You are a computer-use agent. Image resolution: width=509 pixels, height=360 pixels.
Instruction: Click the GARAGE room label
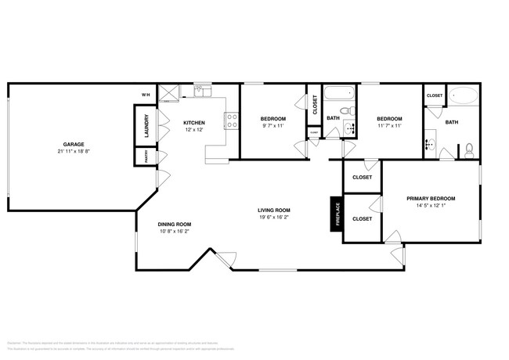click(x=74, y=145)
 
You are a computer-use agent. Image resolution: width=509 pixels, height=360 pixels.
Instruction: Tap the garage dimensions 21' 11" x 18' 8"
click(x=74, y=151)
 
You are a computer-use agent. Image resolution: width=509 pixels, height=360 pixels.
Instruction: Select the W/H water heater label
click(x=146, y=95)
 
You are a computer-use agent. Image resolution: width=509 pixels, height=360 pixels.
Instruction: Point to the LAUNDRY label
click(x=146, y=125)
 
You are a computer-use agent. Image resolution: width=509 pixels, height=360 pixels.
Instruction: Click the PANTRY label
click(x=146, y=157)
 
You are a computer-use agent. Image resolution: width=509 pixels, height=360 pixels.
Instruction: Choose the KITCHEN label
click(x=194, y=123)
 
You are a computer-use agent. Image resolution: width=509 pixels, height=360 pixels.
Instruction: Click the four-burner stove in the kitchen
click(x=232, y=121)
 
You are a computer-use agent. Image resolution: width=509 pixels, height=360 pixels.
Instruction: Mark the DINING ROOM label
click(x=175, y=224)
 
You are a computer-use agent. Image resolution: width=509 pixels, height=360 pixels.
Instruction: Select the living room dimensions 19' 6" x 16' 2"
click(x=274, y=217)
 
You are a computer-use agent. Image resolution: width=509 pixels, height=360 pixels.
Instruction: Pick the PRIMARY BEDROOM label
click(x=431, y=199)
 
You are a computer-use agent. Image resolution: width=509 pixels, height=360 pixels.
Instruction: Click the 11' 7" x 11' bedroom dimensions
click(x=389, y=124)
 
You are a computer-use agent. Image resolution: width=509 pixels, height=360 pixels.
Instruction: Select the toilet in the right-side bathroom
click(x=468, y=148)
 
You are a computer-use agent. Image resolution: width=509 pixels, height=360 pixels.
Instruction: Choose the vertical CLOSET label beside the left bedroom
click(x=315, y=106)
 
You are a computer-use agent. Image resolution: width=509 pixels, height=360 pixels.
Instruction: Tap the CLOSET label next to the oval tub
click(x=435, y=95)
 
